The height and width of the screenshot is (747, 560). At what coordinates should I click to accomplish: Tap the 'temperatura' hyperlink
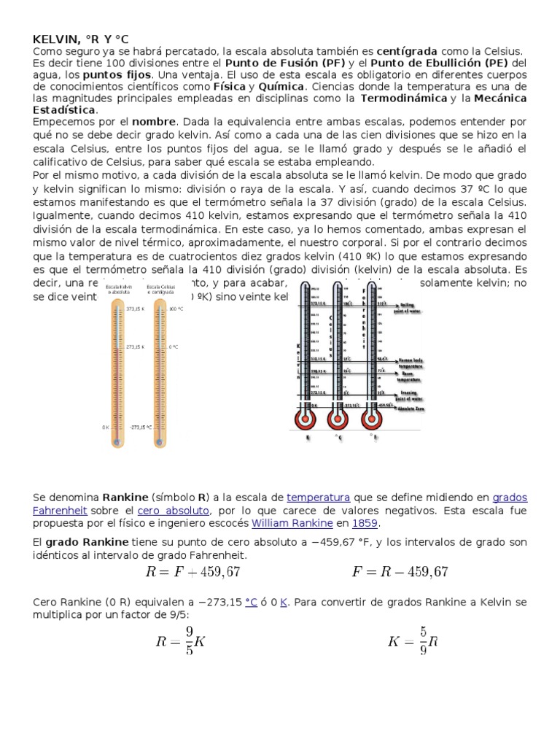click(319, 498)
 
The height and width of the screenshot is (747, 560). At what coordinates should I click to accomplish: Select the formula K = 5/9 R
click(412, 642)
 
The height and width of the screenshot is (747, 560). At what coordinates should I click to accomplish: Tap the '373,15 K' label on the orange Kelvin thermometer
click(136, 309)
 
